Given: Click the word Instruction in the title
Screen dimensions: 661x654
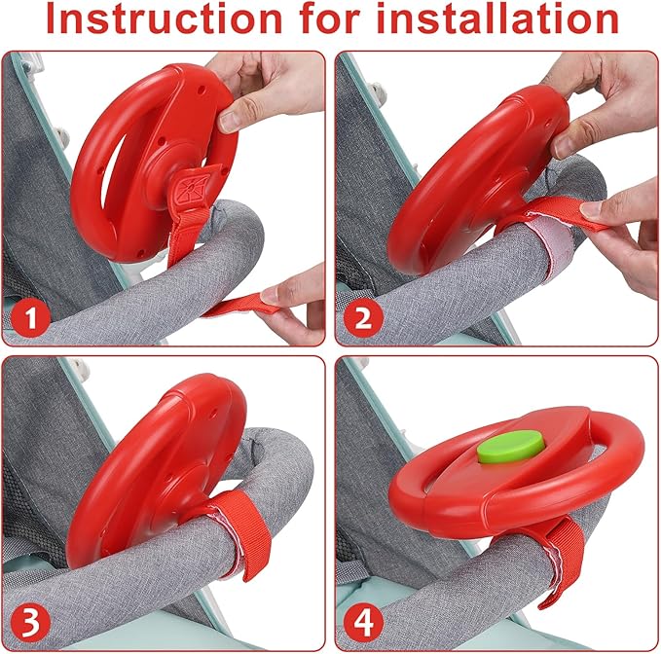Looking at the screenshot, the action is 164,18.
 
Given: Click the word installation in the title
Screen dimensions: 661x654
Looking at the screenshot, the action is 497,18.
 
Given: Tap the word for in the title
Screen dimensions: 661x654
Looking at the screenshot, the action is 330,18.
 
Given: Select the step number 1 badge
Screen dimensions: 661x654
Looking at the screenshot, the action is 30,317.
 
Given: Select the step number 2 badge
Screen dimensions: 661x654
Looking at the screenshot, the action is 363,317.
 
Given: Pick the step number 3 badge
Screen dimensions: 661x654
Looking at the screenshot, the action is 30,623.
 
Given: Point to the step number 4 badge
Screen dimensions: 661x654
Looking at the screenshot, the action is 363,623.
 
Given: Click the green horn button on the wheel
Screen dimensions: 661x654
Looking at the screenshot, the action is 510,448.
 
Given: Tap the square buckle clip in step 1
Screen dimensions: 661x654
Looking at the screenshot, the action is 192,188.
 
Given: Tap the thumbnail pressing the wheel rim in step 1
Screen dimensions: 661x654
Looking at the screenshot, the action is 229,121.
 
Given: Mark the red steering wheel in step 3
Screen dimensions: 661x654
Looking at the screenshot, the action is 156,470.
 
